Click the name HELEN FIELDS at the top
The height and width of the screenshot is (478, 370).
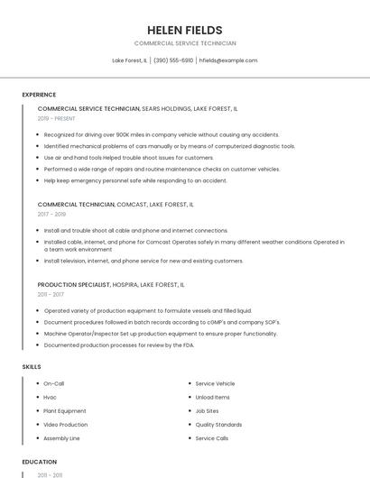[185, 30]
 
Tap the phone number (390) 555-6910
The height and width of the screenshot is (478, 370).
[173, 60]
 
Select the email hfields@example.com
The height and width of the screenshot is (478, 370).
[228, 60]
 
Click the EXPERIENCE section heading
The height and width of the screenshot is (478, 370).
[39, 95]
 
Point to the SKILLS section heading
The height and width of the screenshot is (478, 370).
[32, 367]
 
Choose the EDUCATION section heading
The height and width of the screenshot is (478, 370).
[39, 462]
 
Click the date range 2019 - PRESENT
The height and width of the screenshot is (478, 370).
[57, 118]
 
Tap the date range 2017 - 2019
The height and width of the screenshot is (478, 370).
[51, 215]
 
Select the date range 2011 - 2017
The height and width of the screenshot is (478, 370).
[51, 294]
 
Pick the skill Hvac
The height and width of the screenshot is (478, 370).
[51, 397]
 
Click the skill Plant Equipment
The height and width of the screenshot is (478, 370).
[65, 410]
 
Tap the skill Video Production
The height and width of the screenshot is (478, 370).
[66, 425]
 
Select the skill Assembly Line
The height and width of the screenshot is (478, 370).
[62, 438]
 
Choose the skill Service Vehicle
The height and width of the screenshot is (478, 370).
[215, 383]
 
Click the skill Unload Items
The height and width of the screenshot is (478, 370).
[213, 397]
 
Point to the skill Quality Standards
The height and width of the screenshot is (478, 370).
[218, 425]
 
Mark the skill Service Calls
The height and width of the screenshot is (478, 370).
[212, 438]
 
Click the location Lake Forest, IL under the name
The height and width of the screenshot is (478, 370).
[129, 60]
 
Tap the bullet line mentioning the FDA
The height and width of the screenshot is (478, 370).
[119, 345]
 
